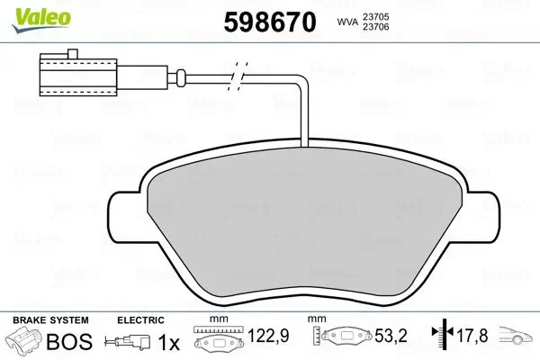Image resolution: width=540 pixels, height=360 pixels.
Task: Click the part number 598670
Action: pos(269,21)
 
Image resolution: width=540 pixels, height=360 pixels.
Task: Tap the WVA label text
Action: pos(348,22)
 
